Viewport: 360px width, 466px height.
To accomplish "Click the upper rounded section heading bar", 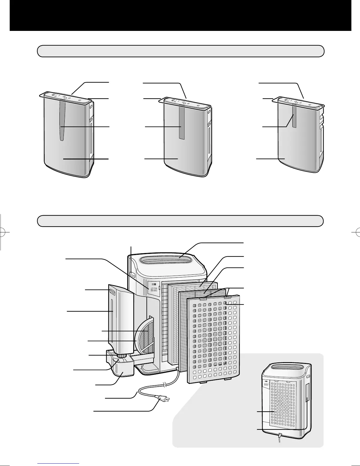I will point(181,51).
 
